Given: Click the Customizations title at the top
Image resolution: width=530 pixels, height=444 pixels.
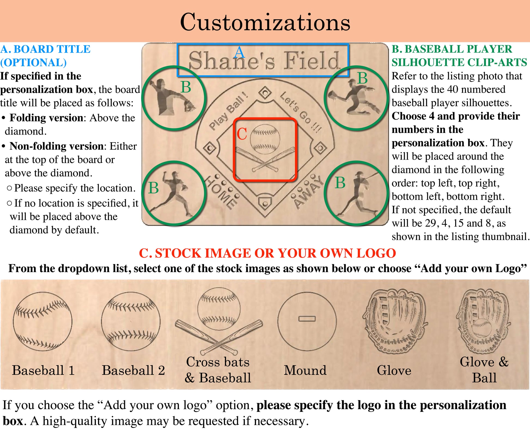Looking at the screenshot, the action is (x=265, y=22).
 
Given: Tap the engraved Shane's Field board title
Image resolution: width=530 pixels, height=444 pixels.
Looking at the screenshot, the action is (x=264, y=60).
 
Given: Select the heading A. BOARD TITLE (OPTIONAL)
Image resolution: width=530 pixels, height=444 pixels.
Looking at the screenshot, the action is (x=45, y=56).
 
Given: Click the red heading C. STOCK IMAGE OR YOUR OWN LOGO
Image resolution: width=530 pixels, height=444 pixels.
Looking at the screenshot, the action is (x=267, y=253).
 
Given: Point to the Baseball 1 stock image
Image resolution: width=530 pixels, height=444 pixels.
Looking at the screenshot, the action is (x=43, y=321).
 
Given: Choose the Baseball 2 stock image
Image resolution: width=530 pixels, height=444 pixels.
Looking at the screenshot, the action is (x=131, y=321).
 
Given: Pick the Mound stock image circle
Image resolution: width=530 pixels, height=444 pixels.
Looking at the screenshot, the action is (x=307, y=321).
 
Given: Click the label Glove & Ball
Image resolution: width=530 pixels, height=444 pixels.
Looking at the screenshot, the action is (x=484, y=370).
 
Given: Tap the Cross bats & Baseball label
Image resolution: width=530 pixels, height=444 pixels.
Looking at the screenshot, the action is (x=218, y=370).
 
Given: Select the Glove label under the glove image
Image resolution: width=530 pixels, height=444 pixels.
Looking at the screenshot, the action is (x=394, y=370).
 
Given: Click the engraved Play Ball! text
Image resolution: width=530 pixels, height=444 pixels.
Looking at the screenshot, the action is (x=229, y=111).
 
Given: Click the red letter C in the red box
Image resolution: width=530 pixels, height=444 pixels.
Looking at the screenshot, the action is (x=242, y=134).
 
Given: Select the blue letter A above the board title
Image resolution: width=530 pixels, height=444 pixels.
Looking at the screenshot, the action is (x=239, y=52).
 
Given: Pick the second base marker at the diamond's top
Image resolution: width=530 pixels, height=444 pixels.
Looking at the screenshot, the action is (x=265, y=93).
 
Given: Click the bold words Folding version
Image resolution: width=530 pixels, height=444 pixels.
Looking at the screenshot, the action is (x=46, y=118).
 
